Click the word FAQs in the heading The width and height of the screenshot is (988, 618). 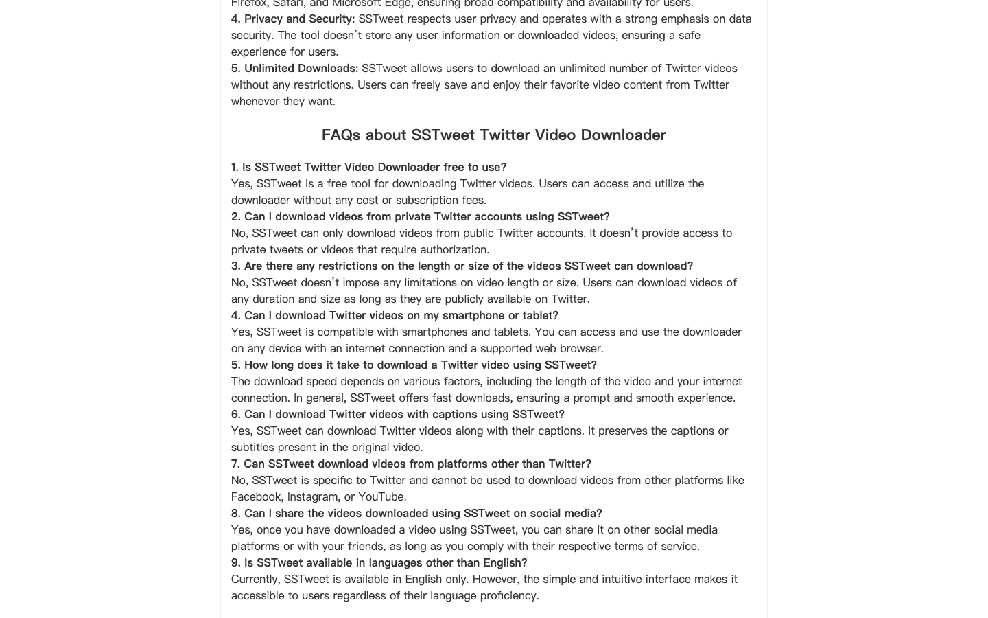pyautogui.click(x=340, y=135)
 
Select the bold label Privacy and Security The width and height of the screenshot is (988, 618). pyautogui.click(x=299, y=19)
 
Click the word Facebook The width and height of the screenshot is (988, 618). pyautogui.click(x=256, y=496)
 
